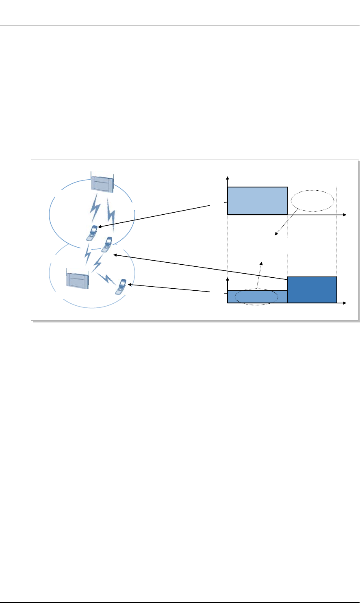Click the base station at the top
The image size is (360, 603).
tap(102, 182)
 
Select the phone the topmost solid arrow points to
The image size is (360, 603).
tap(93, 232)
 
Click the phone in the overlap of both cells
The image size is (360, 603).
tap(107, 244)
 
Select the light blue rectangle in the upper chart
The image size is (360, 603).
tap(257, 200)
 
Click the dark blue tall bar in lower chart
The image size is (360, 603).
tap(312, 290)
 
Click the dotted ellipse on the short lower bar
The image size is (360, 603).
tap(256, 296)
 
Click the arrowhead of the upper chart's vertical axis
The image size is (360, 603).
tap(228, 178)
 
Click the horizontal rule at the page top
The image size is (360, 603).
tap(180, 26)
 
